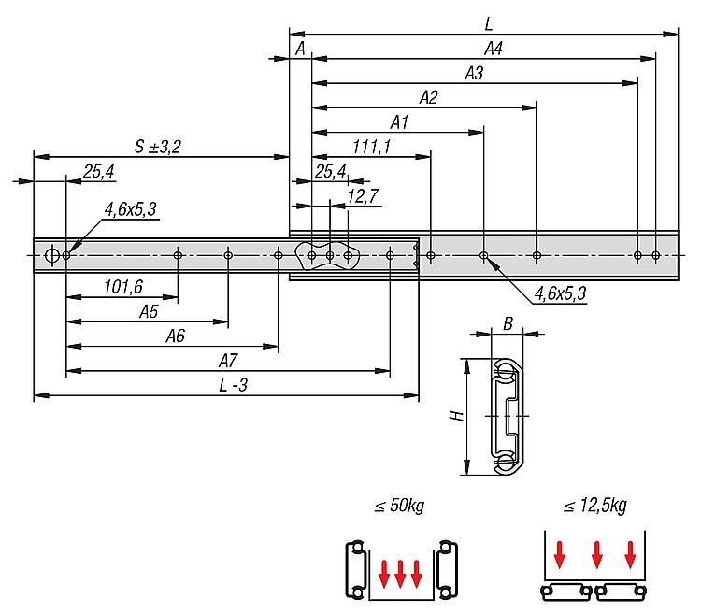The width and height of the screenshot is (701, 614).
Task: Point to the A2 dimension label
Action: click(x=429, y=96)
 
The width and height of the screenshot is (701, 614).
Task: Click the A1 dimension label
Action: click(x=401, y=121)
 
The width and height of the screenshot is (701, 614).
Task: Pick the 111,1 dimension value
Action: click(x=372, y=146)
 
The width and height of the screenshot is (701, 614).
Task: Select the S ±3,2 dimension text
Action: click(x=157, y=146)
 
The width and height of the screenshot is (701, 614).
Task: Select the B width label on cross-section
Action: click(x=508, y=323)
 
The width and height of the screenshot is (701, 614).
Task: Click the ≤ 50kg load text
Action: click(x=399, y=507)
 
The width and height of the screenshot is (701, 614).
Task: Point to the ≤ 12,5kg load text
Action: click(x=595, y=507)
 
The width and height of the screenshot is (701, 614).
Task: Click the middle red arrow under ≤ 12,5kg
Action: click(x=595, y=558)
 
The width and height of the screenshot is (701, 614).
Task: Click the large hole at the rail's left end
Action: click(x=52, y=254)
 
